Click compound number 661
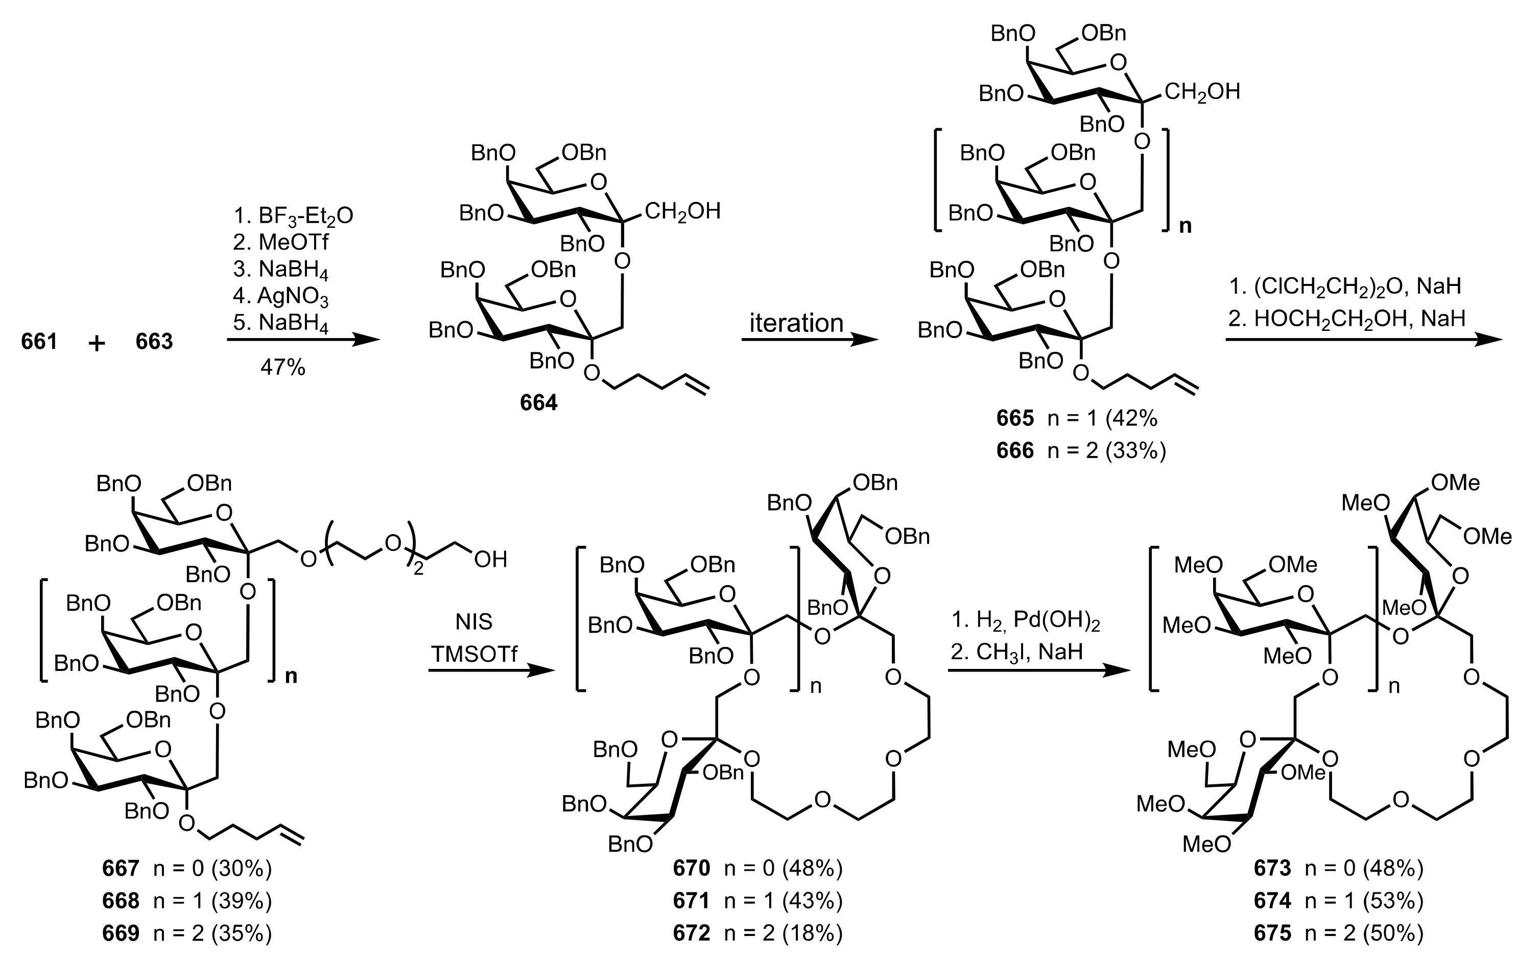[39, 342]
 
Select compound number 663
[154, 342]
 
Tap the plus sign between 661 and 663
[97, 343]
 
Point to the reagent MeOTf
[281, 242]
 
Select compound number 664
[538, 402]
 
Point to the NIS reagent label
[473, 621]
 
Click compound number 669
[120, 933]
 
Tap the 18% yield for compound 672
[812, 933]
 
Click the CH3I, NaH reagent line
[1016, 652]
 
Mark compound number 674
[1272, 901]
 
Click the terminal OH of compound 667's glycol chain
[490, 559]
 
